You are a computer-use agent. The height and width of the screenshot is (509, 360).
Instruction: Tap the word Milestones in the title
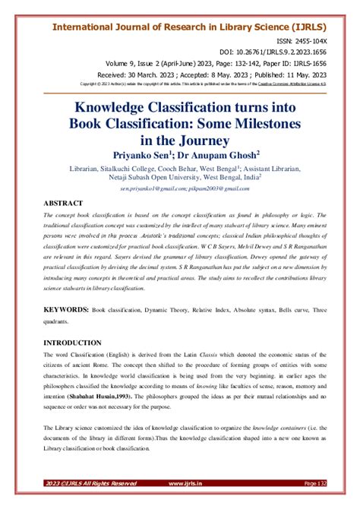pos(280,124)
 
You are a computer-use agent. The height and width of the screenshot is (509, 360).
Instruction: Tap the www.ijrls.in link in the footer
pos(185,503)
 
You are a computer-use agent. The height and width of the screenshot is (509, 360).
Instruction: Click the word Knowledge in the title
pos(126,108)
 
